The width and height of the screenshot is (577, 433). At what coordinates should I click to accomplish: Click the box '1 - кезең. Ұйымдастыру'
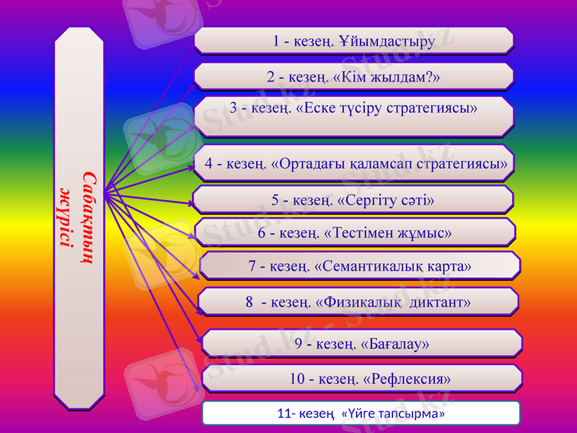pyautogui.click(x=353, y=40)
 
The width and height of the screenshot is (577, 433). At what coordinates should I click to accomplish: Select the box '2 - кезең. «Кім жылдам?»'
pyautogui.click(x=353, y=76)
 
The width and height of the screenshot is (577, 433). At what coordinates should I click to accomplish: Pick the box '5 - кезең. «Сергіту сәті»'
pyautogui.click(x=353, y=199)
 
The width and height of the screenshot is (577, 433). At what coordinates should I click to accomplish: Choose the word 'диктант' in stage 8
pyautogui.click(x=439, y=302)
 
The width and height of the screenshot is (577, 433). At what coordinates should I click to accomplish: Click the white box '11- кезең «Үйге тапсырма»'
pyautogui.click(x=361, y=414)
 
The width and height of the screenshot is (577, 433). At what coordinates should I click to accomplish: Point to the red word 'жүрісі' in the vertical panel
pyautogui.click(x=67, y=216)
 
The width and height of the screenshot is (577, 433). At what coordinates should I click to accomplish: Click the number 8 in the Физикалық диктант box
pyautogui.click(x=249, y=302)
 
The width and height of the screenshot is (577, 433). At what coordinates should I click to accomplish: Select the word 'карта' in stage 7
pyautogui.click(x=450, y=266)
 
